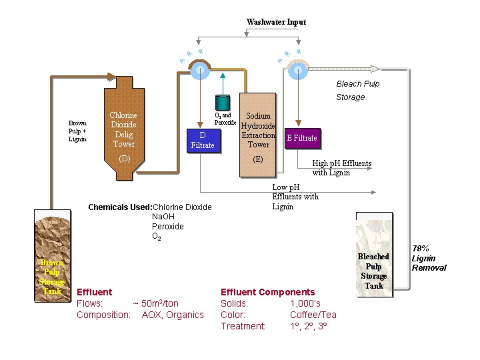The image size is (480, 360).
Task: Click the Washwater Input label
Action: pyautogui.click(x=276, y=22)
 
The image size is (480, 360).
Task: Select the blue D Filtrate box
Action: pyautogui.click(x=202, y=141)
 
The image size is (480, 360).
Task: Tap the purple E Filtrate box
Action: pyautogui.click(x=302, y=138)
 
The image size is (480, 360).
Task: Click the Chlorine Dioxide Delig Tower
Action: pyautogui.click(x=124, y=130)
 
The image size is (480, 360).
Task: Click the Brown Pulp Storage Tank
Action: pyautogui.click(x=52, y=253)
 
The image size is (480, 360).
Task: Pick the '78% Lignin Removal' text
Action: pyautogui.click(x=429, y=258)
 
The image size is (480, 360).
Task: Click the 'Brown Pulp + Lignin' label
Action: pyautogui.click(x=77, y=131)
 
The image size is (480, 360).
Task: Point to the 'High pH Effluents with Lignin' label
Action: pyautogui.click(x=341, y=168)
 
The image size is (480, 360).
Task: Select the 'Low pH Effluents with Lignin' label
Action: pyautogui.click(x=295, y=197)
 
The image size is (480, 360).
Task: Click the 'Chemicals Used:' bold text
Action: pyautogui.click(x=120, y=207)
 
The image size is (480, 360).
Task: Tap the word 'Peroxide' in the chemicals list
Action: pyautogui.click(x=168, y=227)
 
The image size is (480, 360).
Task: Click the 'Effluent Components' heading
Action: pyautogui.click(x=267, y=292)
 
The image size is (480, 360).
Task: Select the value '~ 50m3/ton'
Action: pyautogui.click(x=156, y=303)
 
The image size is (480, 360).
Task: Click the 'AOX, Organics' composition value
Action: pyautogui.click(x=173, y=315)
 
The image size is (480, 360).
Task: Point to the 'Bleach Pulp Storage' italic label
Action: pyautogui.click(x=358, y=91)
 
